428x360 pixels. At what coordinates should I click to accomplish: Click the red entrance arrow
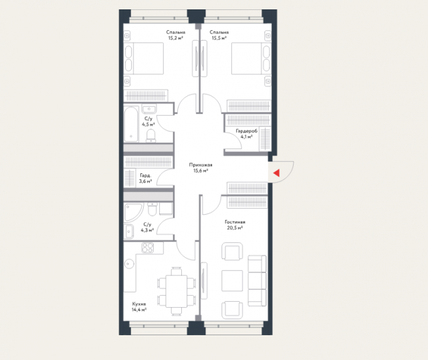point(276,173)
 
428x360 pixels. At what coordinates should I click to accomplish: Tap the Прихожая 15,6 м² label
point(201,168)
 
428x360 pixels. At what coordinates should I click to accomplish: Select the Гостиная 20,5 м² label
point(235,225)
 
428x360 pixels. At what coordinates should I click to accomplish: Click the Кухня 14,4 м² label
point(139,306)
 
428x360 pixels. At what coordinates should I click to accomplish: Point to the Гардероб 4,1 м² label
point(247,134)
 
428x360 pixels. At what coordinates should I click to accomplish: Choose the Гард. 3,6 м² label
point(145,178)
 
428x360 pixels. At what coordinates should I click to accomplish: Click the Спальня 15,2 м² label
point(175,35)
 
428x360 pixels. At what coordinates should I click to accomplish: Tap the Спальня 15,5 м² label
point(219,35)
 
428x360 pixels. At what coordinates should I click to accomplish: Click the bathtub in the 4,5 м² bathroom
point(131,124)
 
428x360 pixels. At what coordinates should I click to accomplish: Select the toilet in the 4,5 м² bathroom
point(150,135)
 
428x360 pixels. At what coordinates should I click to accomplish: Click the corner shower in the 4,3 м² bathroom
point(133,212)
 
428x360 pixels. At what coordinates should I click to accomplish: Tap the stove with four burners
point(148,248)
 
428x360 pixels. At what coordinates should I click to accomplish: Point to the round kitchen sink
point(129,264)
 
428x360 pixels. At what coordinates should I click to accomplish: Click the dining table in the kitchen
point(177,291)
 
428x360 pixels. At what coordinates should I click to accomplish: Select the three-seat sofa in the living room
point(257,281)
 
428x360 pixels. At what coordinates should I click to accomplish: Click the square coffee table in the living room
point(232,281)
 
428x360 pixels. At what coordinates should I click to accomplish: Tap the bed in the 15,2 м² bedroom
point(144,58)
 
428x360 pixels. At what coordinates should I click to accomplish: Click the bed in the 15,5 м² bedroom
point(251,58)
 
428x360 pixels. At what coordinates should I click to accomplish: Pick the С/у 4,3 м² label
point(147,228)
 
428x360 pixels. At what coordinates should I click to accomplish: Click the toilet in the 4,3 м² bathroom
point(152,209)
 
